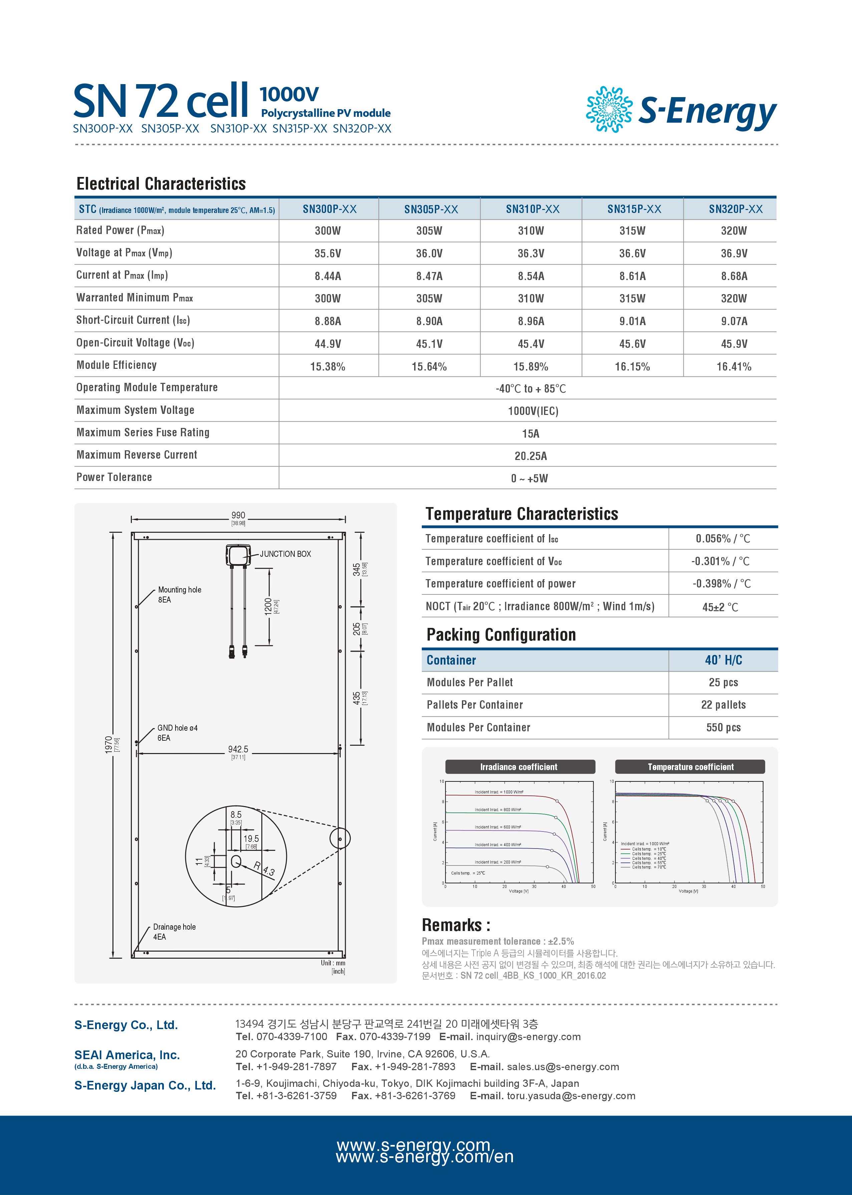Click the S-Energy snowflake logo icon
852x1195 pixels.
[609, 109]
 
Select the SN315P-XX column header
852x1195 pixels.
[634, 209]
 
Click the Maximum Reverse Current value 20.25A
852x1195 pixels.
[530, 456]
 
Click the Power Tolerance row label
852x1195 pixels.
[114, 477]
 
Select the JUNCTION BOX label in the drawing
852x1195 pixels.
[285, 554]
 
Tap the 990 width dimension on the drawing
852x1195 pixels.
[238, 515]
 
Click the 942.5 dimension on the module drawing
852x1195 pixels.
[238, 749]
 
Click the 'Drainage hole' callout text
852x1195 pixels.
[174, 927]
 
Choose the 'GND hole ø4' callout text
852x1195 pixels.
[177, 728]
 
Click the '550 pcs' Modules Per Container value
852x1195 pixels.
[723, 727]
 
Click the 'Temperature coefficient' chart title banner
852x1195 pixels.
[690, 767]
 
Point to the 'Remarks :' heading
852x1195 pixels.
[456, 925]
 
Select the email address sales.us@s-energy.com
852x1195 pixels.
[562, 1066]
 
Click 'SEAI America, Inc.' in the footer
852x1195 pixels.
[127, 1055]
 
